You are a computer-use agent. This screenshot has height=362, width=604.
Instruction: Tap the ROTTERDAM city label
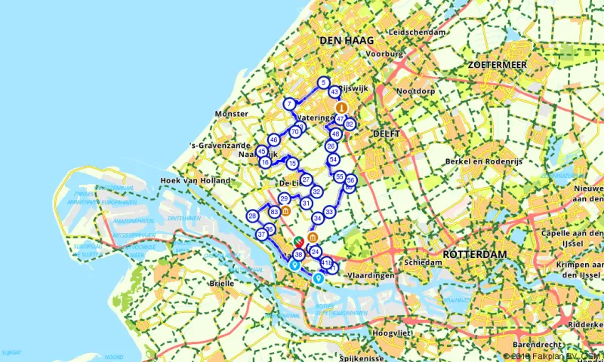pos(473,254)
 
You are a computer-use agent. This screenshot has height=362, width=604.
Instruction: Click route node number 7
pos(289,104)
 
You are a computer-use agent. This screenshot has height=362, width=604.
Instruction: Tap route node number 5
pos(323,82)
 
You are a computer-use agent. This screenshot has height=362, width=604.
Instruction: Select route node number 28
pos(252,216)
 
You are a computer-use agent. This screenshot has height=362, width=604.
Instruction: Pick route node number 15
pos(292,164)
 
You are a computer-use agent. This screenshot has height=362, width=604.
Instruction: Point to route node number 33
pos(329,212)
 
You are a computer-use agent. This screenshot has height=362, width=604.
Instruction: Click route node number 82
pos(350,124)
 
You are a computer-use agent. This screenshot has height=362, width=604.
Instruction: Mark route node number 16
pos(265,162)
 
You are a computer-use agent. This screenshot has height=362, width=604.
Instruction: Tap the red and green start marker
pos(298,242)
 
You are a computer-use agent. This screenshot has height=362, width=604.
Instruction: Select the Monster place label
pos(231,113)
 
